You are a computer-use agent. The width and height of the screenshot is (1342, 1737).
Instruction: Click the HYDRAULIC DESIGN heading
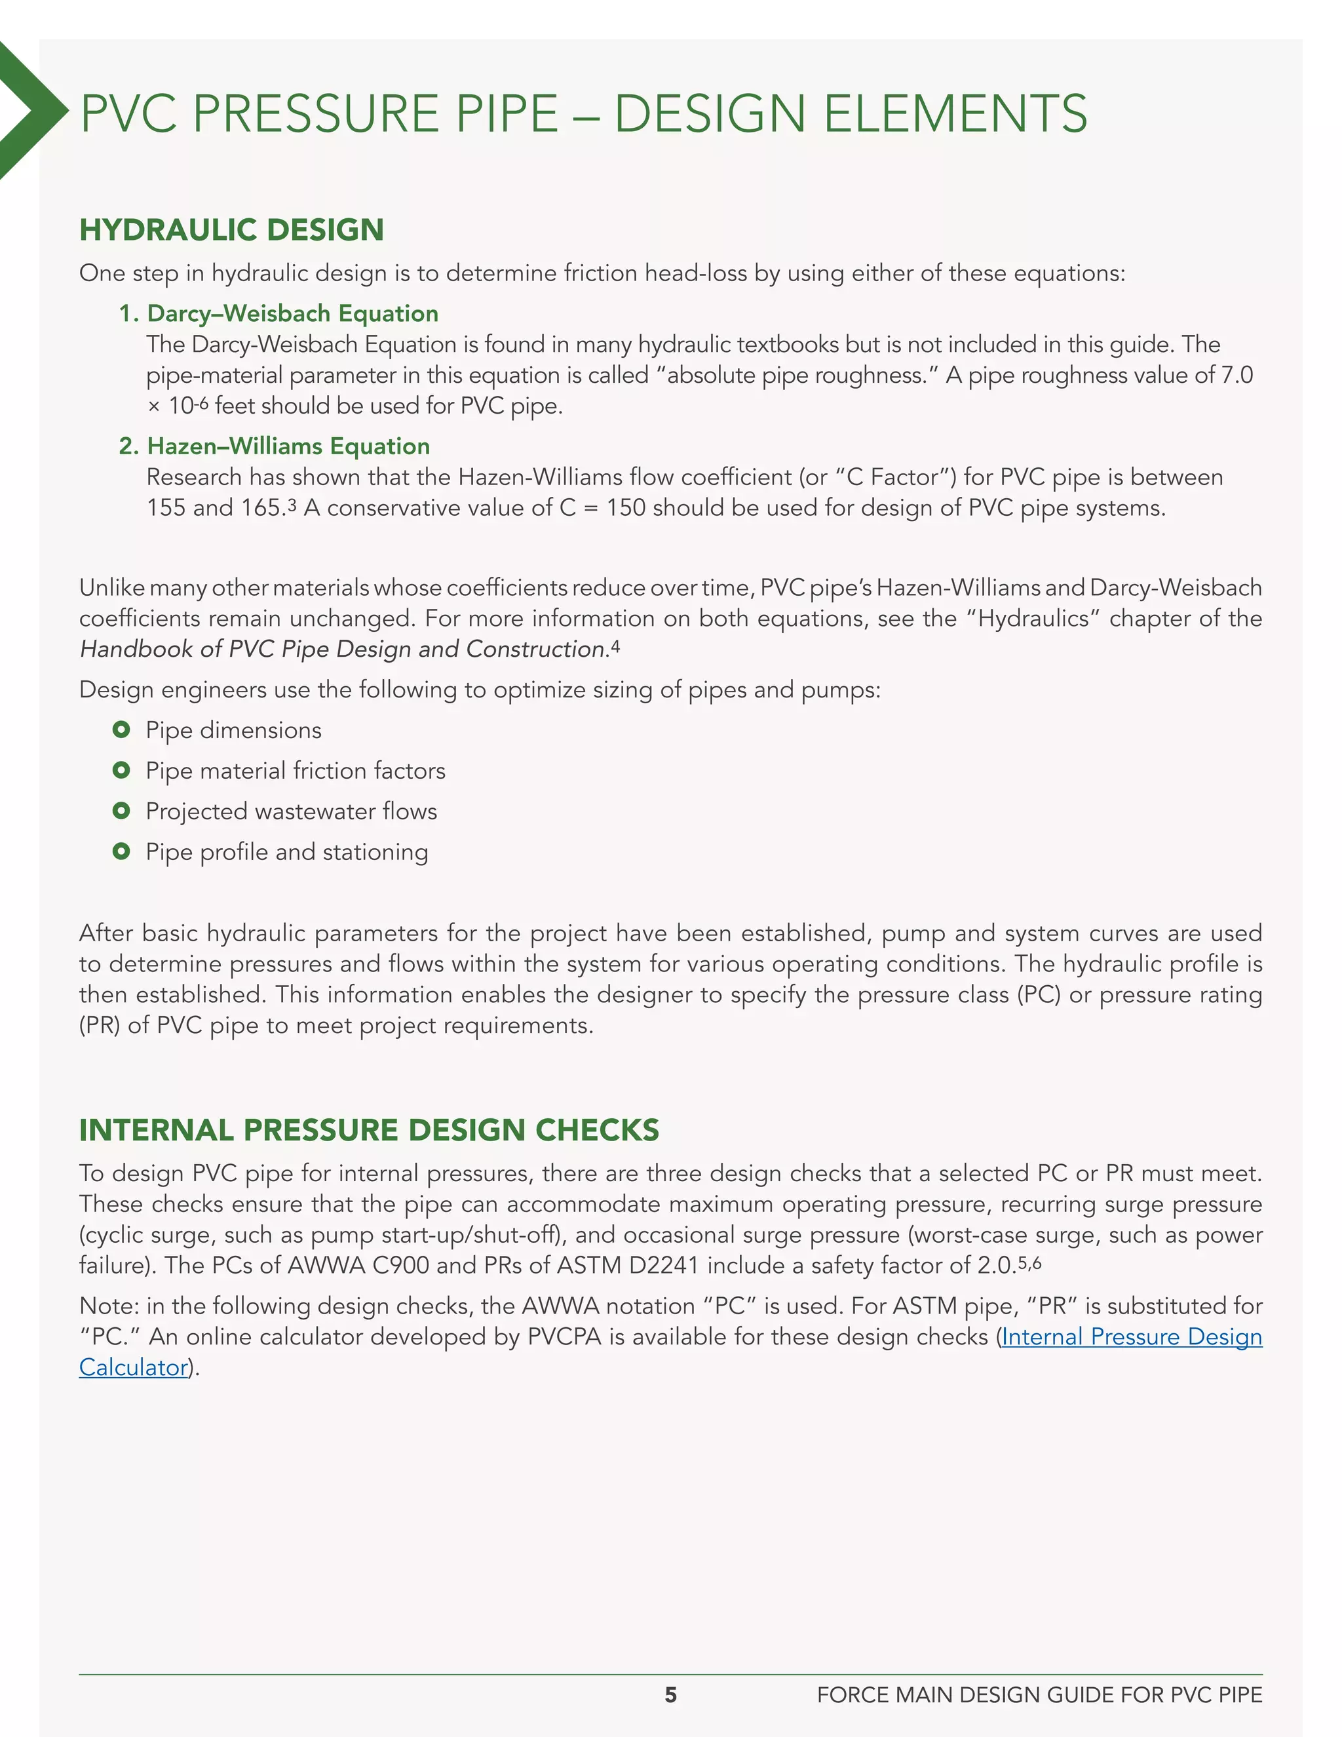tap(231, 230)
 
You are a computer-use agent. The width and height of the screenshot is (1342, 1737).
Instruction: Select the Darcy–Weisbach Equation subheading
tap(292, 313)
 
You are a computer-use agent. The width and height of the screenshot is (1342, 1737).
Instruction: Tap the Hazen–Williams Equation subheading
tap(288, 446)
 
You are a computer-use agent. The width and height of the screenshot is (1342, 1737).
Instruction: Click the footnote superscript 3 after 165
tap(292, 503)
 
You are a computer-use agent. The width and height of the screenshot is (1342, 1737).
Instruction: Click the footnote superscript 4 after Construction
tap(615, 645)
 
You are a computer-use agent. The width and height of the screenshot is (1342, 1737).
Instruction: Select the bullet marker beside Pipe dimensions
tap(121, 730)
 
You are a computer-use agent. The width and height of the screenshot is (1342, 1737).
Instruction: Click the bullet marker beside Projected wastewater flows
tap(121, 810)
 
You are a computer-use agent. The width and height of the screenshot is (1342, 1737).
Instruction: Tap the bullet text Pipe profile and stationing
tap(286, 852)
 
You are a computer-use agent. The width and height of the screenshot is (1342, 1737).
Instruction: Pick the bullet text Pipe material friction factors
tap(295, 771)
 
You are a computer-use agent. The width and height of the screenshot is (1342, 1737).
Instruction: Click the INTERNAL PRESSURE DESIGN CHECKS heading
tap(369, 1130)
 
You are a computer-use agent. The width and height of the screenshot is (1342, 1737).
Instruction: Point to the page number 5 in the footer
tap(670, 1695)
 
